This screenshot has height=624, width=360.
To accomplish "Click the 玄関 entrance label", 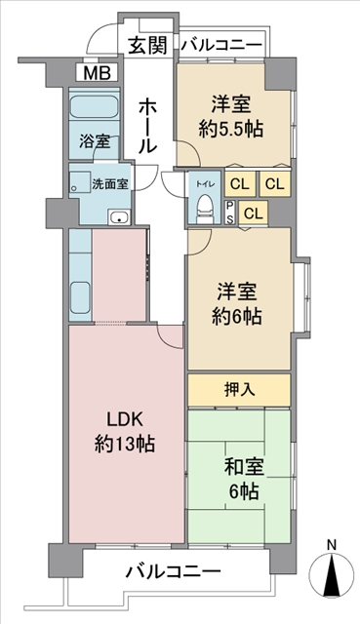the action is click(x=147, y=46).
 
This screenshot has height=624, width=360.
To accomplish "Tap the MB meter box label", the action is click(x=97, y=74).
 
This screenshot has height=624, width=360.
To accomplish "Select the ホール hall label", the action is click(x=147, y=127).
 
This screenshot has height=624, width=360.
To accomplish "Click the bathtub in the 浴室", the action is click(x=94, y=107).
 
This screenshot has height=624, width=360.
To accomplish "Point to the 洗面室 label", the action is click(x=110, y=184).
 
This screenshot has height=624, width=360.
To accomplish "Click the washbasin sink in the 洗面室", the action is click(x=119, y=217).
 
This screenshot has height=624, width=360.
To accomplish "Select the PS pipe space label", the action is click(x=230, y=212).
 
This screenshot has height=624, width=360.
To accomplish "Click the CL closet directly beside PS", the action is click(x=254, y=214).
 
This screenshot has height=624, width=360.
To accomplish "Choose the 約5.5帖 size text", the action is click(x=230, y=129).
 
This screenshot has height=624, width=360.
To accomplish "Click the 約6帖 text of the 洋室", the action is click(x=236, y=316).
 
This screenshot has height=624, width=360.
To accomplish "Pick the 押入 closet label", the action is click(x=239, y=390).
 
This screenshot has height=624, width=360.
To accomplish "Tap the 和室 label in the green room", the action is click(x=243, y=467).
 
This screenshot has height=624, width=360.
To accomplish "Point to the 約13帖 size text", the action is click(x=124, y=443).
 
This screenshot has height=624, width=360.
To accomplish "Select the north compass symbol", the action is click(x=332, y=574).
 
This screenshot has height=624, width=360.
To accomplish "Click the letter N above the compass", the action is click(x=331, y=544).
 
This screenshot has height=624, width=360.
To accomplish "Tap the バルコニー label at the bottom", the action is click(x=173, y=572).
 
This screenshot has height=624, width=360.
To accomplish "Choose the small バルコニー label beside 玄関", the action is click(x=221, y=45).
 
